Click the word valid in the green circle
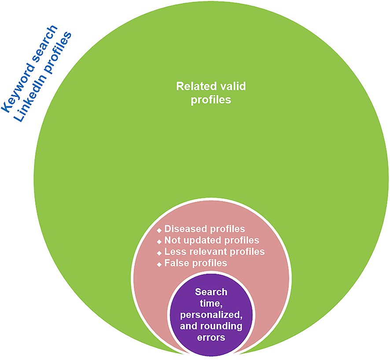(x=232, y=86)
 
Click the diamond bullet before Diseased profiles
(x=159, y=230)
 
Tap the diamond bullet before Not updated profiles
(x=159, y=241)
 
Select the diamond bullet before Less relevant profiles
(x=159, y=253)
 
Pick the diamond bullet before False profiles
(x=159, y=264)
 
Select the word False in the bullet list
(x=175, y=264)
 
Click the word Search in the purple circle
(x=211, y=292)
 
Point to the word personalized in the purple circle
(x=212, y=315)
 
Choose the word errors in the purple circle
(x=212, y=338)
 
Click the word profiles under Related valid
(x=210, y=100)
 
